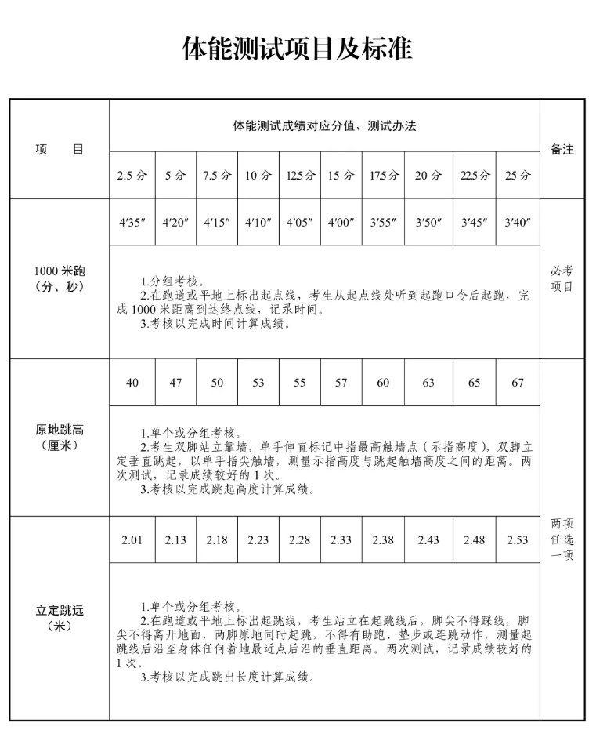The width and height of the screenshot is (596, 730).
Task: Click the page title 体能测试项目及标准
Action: click(x=297, y=49)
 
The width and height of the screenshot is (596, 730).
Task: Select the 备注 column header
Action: click(x=562, y=149)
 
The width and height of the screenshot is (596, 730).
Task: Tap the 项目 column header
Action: click(x=60, y=149)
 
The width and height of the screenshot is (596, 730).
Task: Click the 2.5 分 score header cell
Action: click(x=132, y=176)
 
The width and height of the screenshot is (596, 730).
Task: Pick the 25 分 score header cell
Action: click(x=517, y=176)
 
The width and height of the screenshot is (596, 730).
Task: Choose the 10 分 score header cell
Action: click(x=258, y=176)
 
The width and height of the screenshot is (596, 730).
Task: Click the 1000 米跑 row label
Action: click(x=60, y=278)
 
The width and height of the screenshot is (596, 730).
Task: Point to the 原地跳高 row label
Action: click(x=60, y=437)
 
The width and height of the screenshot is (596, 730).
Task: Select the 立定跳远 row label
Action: click(x=60, y=617)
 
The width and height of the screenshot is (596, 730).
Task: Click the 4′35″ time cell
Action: click(x=132, y=222)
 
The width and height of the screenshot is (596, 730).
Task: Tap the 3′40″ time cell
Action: click(x=517, y=222)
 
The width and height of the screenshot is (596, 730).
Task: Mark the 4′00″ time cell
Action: click(x=341, y=222)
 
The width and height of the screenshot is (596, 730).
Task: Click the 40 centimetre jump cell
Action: click(x=132, y=383)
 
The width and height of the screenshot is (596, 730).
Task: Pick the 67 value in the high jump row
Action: click(x=517, y=383)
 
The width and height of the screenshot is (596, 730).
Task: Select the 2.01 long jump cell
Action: click(x=132, y=540)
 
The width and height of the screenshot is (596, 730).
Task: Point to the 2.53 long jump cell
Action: click(x=517, y=540)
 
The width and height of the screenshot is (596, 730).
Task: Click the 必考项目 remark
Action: click(x=562, y=278)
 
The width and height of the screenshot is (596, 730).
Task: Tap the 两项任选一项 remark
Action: click(x=562, y=539)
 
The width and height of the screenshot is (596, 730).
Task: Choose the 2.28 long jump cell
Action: click(x=299, y=540)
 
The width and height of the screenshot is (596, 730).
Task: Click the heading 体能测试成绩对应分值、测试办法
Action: click(x=324, y=125)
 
